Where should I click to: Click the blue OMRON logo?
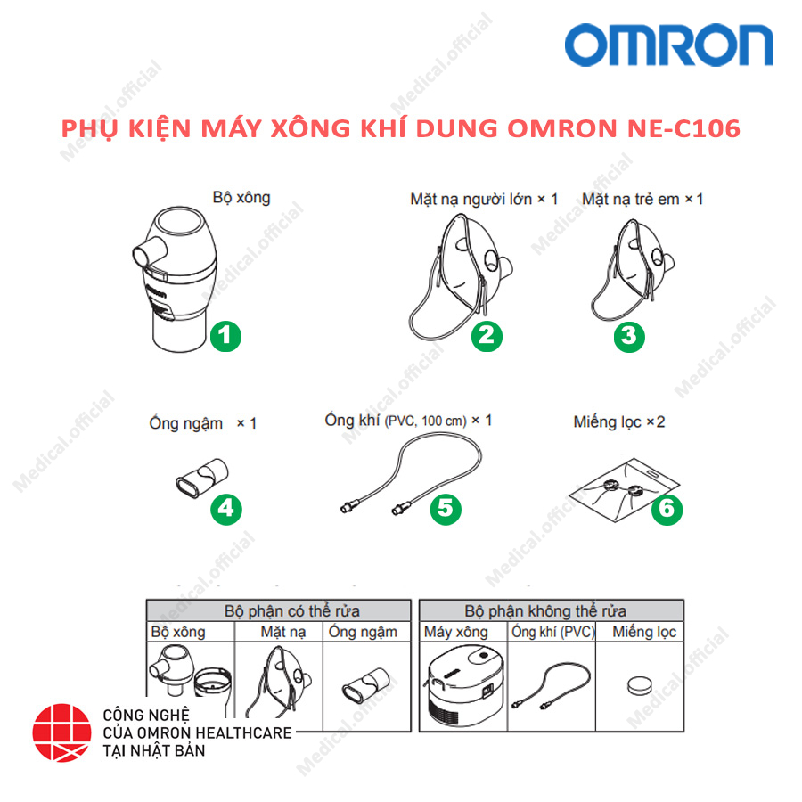[668, 45]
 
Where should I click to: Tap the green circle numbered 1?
[225, 336]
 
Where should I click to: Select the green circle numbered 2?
[487, 336]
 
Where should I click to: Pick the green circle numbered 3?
[629, 336]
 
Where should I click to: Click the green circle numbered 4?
[225, 508]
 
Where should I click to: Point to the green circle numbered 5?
[446, 508]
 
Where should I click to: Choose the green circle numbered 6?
[667, 508]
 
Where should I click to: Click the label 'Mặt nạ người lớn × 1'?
[484, 199]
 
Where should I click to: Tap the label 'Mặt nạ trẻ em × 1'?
[642, 199]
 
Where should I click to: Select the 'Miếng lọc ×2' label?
[618, 421]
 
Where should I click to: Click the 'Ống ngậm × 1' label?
[202, 423]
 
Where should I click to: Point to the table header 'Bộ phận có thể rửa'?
[279, 611]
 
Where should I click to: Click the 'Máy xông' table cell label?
[455, 633]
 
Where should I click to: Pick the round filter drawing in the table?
[641, 686]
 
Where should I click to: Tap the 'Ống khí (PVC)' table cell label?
[552, 633]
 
